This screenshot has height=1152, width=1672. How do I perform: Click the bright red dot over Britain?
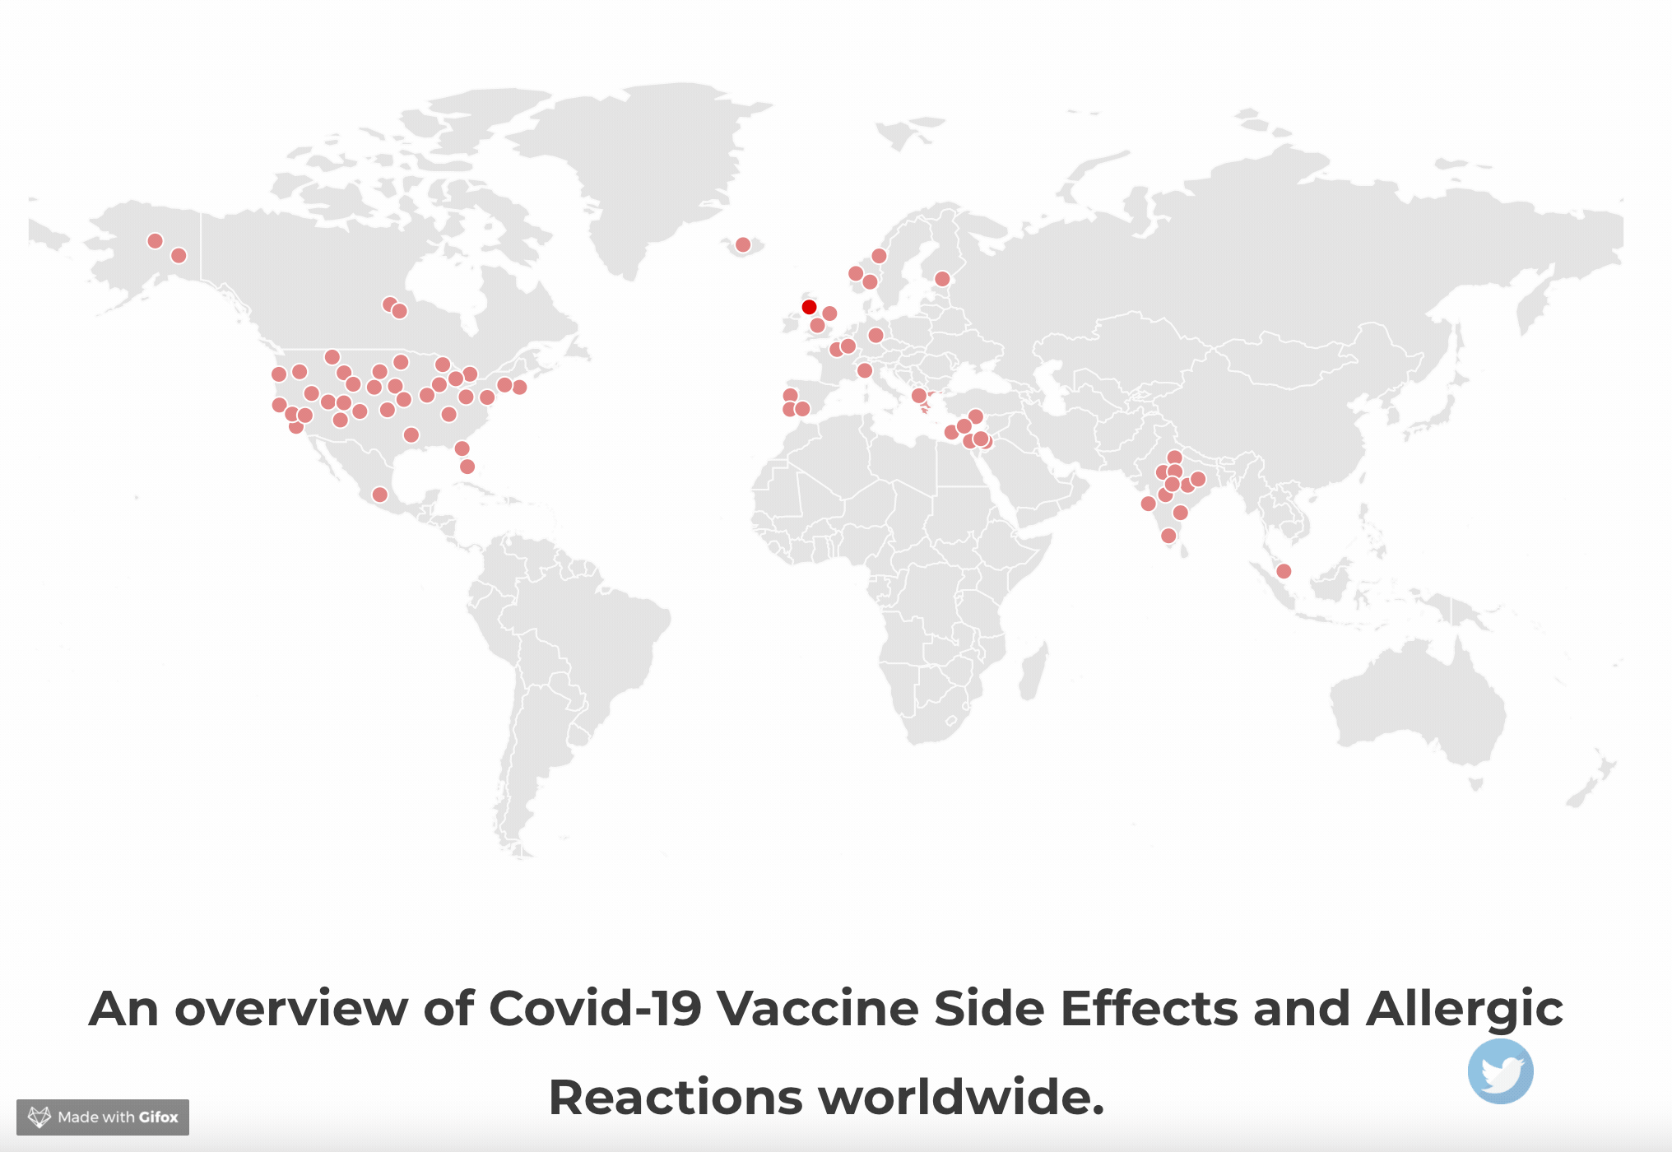[x=809, y=307]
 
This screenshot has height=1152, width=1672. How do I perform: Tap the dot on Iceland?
[x=743, y=244]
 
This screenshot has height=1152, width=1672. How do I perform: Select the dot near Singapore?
[x=1284, y=571]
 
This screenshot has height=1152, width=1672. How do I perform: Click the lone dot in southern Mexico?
[x=379, y=495]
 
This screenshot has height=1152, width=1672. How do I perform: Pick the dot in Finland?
[x=942, y=279]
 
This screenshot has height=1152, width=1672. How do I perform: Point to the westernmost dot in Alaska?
[x=155, y=241]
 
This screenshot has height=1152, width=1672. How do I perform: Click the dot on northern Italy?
[x=864, y=370]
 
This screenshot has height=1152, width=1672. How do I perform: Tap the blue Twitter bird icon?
[x=1500, y=1071]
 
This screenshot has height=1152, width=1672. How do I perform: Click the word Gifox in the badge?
[x=158, y=1117]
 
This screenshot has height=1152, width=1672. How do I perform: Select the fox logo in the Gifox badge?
[x=39, y=1117]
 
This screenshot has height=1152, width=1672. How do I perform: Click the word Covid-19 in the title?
[x=595, y=1008]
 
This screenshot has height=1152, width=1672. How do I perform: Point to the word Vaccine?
[x=818, y=1008]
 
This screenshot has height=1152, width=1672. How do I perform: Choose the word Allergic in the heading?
[x=1465, y=1008]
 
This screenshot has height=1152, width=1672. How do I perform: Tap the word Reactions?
[x=675, y=1098]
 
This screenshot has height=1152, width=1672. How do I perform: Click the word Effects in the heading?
[x=1149, y=1008]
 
